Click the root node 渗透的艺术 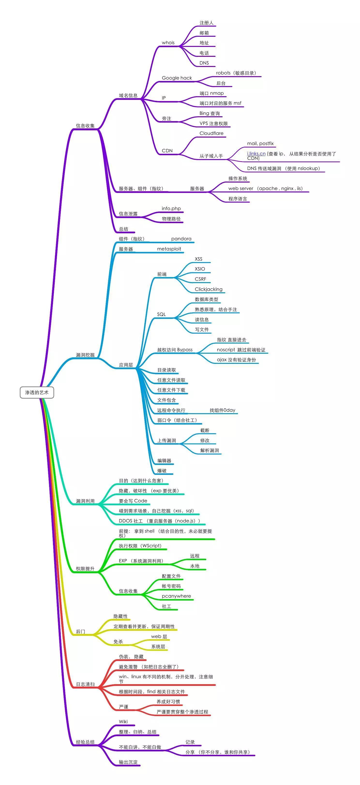[x=37, y=392]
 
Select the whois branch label [x=168, y=43]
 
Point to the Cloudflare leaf [x=211, y=133]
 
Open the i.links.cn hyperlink [x=256, y=154]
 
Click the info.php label [x=171, y=208]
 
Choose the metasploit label [x=169, y=249]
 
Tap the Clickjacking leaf [x=209, y=289]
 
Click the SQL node [x=161, y=315]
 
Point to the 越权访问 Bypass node [x=175, y=350]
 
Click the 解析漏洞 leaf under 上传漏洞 [x=210, y=450]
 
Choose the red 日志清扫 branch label [x=85, y=684]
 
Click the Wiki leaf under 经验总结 [x=123, y=722]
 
